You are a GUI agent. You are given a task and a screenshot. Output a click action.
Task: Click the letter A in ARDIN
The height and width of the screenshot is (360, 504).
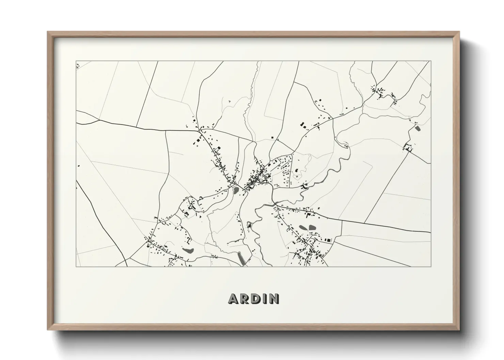click(234, 298)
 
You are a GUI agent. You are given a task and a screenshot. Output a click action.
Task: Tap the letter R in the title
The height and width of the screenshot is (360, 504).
click(244, 298)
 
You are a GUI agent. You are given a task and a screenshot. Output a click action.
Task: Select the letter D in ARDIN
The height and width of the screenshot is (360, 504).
click(255, 298)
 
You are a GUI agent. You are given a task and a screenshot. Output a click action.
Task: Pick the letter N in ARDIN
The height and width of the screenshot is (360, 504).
click(273, 298)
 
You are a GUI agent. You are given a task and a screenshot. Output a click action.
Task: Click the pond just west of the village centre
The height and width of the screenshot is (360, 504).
click(235, 190)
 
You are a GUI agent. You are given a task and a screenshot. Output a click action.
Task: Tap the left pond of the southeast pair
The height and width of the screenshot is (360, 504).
click(302, 227)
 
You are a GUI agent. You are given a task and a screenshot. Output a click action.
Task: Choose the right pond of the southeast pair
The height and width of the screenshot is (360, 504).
click(312, 227)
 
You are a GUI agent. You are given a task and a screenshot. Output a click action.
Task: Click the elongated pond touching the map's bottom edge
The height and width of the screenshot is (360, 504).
click(241, 259)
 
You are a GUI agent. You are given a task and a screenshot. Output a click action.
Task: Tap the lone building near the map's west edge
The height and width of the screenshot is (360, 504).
click(79, 166)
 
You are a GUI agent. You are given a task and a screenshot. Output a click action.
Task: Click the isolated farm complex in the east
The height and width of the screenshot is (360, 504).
click(407, 148)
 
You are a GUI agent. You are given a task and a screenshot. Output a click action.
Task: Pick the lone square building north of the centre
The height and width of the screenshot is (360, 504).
click(272, 137)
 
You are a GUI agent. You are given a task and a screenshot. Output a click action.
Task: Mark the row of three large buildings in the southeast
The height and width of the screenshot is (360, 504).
click(327, 240)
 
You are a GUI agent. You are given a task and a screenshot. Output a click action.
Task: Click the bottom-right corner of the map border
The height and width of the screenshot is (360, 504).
click(431, 266)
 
